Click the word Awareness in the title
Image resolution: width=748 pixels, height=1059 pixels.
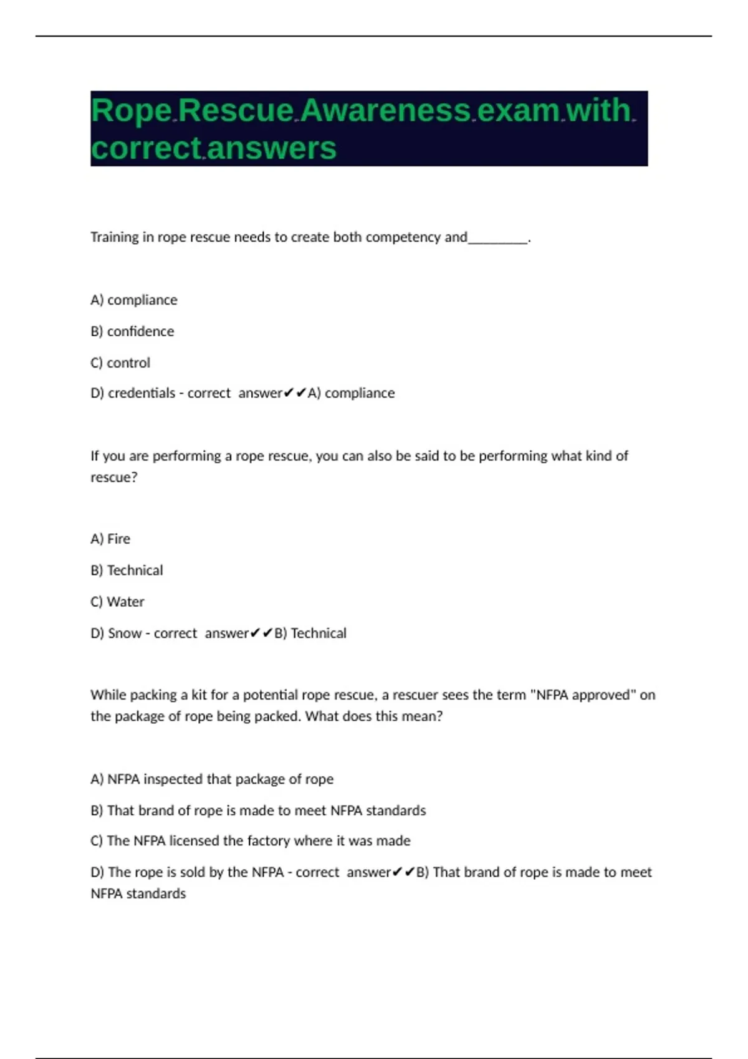pyautogui.click(x=386, y=110)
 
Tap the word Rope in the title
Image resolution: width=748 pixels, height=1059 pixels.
pyautogui.click(x=132, y=110)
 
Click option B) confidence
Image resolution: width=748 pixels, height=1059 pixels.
pyautogui.click(x=132, y=331)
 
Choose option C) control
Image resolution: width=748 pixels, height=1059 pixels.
pyautogui.click(x=120, y=363)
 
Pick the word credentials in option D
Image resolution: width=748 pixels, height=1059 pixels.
pyautogui.click(x=141, y=393)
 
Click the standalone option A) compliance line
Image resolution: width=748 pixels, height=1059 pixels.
pyautogui.click(x=134, y=300)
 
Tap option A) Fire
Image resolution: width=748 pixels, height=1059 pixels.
pyautogui.click(x=110, y=539)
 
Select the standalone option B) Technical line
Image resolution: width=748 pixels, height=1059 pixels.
pyautogui.click(x=127, y=570)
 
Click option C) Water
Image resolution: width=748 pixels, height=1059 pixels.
pyautogui.click(x=117, y=602)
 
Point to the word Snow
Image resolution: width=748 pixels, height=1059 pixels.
pyautogui.click(x=125, y=633)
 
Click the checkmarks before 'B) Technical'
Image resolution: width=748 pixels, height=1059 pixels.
pyautogui.click(x=261, y=633)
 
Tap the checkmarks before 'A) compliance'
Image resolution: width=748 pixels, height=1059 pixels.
pyautogui.click(x=295, y=393)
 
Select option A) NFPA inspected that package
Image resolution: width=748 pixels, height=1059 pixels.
pyautogui.click(x=212, y=779)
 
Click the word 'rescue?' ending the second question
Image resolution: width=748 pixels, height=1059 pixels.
pyautogui.click(x=113, y=477)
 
